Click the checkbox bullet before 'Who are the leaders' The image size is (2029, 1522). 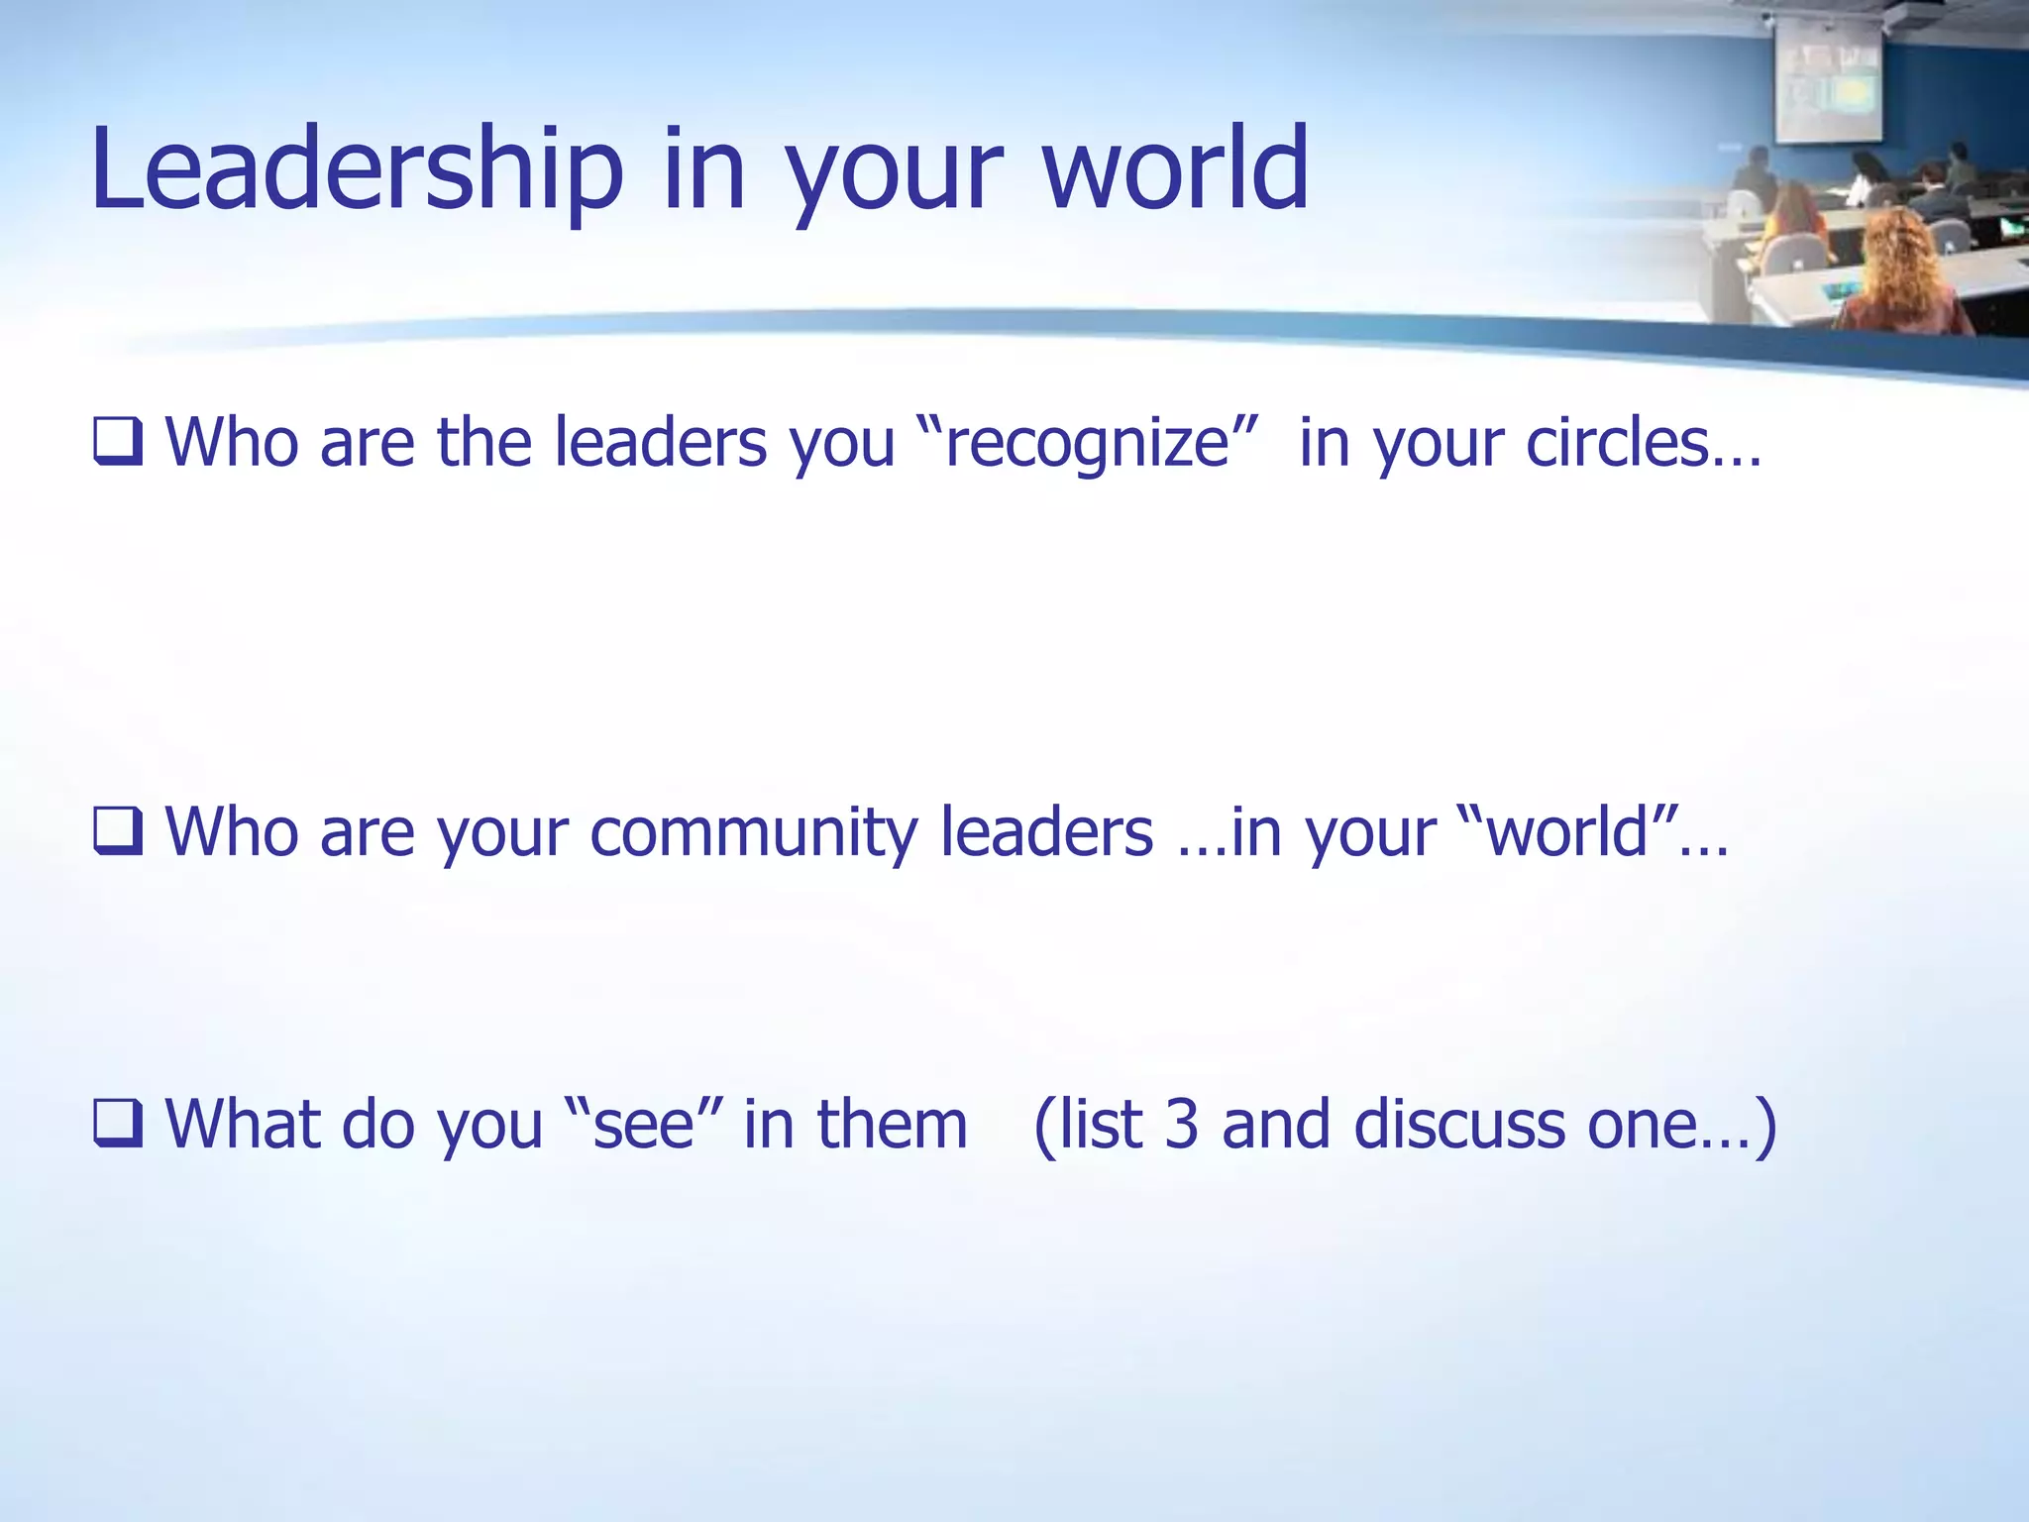click(118, 442)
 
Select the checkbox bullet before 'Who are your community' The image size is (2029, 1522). click(118, 831)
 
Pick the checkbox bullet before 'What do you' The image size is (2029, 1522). click(118, 1124)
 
